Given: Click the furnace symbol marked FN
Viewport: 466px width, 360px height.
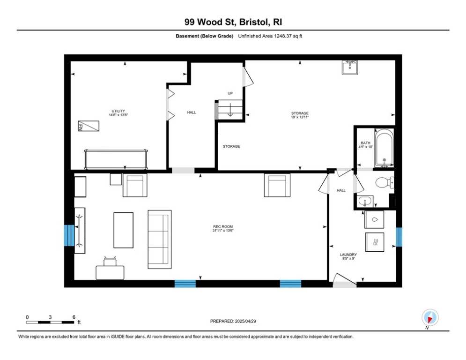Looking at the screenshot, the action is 89,126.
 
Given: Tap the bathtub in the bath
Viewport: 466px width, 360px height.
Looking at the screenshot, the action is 384,148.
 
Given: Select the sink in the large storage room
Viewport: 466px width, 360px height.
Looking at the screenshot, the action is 350,67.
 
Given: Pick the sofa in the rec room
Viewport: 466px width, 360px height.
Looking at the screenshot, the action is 160,240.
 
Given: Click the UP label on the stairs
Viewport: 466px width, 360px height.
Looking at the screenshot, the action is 230,93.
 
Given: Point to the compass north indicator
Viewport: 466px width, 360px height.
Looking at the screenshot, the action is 430,317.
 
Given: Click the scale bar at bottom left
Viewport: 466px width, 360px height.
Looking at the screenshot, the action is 50,322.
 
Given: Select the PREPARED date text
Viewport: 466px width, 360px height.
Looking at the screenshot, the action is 233,321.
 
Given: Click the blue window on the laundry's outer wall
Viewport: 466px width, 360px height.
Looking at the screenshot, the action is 399,237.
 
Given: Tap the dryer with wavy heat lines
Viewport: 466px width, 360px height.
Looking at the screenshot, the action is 375,242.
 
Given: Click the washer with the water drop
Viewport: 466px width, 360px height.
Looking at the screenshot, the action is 374,219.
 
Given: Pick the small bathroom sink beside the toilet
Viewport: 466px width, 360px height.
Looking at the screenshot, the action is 365,202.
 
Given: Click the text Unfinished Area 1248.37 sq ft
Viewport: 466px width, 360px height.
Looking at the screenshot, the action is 270,36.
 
